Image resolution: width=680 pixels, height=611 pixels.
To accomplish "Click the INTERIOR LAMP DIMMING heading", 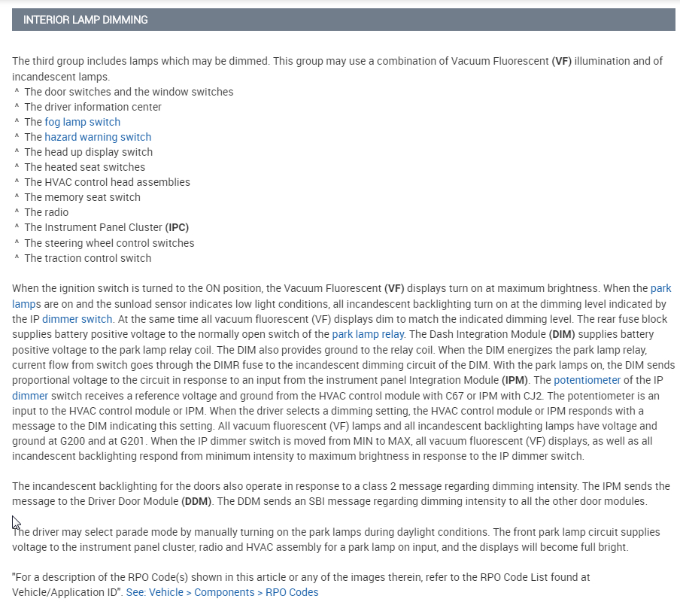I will pyautogui.click(x=86, y=20).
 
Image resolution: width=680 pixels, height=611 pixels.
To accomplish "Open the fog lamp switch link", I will pyautogui.click(x=82, y=122).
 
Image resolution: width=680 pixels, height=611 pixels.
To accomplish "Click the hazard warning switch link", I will pyautogui.click(x=98, y=137).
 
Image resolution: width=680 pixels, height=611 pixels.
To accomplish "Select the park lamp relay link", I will pyautogui.click(x=368, y=334).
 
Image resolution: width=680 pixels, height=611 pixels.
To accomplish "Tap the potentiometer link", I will pyautogui.click(x=587, y=380).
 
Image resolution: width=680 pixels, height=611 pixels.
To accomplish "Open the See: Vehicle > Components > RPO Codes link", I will pyautogui.click(x=222, y=592).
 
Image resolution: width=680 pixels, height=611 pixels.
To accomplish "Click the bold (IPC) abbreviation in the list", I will pyautogui.click(x=178, y=227).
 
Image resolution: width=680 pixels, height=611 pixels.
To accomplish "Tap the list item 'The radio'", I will pyautogui.click(x=46, y=212).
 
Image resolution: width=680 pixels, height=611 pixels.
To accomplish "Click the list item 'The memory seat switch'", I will pyautogui.click(x=82, y=197).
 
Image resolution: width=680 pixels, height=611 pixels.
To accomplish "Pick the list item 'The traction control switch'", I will pyautogui.click(x=87, y=258).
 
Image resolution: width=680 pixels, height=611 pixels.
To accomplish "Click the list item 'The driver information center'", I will pyautogui.click(x=93, y=107).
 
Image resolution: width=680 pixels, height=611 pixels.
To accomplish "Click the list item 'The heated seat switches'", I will pyautogui.click(x=84, y=167).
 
